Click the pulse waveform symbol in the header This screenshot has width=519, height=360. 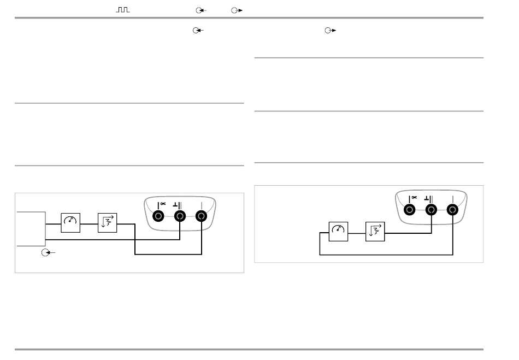(123, 10)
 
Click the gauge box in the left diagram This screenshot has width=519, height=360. (70, 223)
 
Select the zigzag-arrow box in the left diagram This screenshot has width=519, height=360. (107, 223)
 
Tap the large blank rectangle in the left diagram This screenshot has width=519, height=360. (31, 228)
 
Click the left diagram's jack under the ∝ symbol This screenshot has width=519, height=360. (158, 216)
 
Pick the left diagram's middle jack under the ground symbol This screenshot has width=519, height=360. (180, 216)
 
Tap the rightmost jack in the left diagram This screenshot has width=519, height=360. (202, 216)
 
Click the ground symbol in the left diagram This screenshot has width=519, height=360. (176, 205)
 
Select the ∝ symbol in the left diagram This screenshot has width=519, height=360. (162, 204)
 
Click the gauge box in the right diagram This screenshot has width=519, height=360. (338, 232)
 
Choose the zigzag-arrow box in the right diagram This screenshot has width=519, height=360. (375, 232)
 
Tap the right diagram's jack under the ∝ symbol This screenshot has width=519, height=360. (409, 209)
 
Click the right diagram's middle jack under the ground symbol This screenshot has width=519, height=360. (431, 209)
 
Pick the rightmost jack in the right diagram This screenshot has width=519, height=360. (452, 209)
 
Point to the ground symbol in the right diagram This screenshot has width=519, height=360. (428, 198)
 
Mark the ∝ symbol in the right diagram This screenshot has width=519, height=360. (414, 197)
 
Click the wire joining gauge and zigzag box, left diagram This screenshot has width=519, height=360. (89, 223)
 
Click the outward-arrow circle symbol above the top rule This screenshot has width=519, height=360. (237, 10)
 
